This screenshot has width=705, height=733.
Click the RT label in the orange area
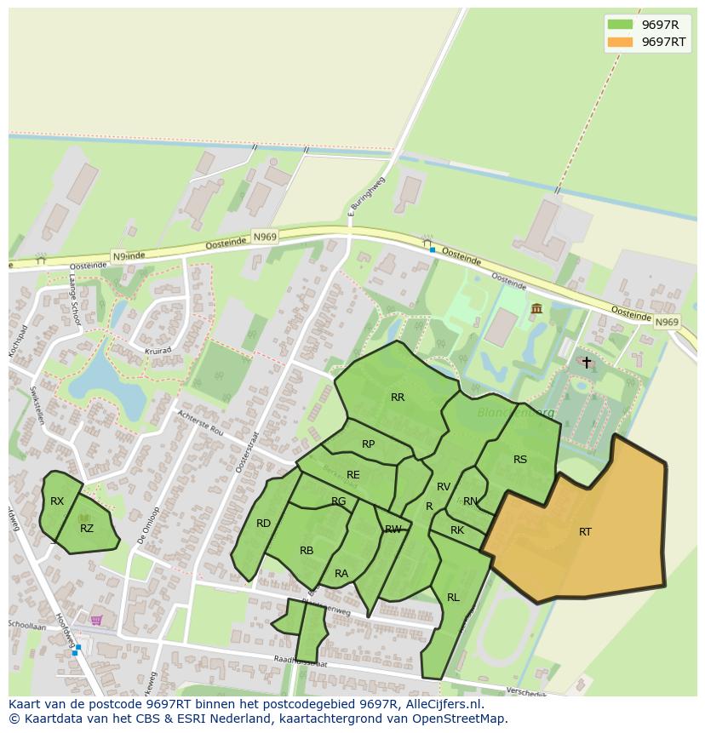pyautogui.click(x=585, y=532)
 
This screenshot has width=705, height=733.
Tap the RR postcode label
pyautogui.click(x=398, y=398)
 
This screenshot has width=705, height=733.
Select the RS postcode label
pyautogui.click(x=520, y=460)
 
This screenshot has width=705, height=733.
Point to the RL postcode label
pyautogui.click(x=453, y=598)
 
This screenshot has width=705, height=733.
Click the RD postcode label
pyautogui.click(x=264, y=524)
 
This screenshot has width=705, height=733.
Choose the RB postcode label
pyautogui.click(x=307, y=551)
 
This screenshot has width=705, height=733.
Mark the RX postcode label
pyautogui.click(x=57, y=501)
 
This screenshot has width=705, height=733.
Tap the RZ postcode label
pyautogui.click(x=87, y=529)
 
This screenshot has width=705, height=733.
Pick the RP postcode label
pyautogui.click(x=368, y=444)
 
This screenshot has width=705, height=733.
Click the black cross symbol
pyautogui.click(x=586, y=363)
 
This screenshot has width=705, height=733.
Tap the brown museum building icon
pyautogui.click(x=536, y=308)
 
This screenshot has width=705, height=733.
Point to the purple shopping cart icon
pyautogui.click(x=96, y=620)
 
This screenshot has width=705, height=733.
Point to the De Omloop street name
pyautogui.click(x=147, y=524)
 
